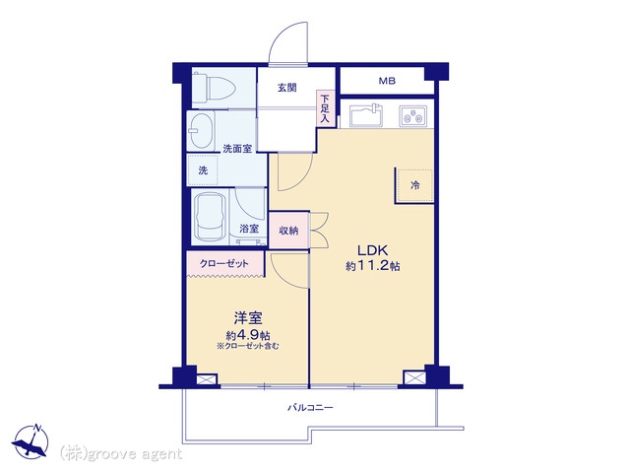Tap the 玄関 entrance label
287,88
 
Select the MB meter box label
387,81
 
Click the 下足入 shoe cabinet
325,108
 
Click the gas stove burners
413,115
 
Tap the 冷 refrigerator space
414,185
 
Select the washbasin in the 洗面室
201,130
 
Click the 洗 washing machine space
203,170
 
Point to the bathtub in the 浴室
210,216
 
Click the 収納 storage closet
289,230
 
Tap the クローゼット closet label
224,264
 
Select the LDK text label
373,250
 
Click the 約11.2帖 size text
372,266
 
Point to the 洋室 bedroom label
248,318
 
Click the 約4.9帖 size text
248,335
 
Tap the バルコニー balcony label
310,408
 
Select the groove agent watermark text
120,454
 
